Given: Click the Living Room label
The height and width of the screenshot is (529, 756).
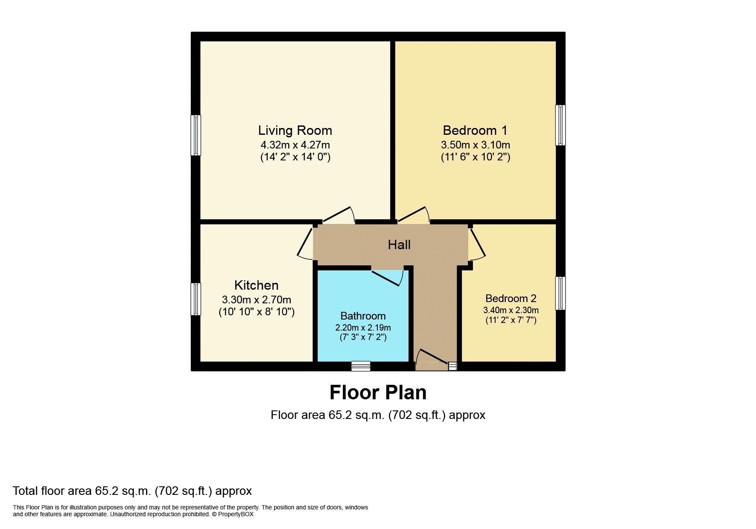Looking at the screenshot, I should (295, 130).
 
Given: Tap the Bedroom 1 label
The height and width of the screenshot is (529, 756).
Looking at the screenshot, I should (475, 130).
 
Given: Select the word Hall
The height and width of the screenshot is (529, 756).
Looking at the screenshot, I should (399, 244).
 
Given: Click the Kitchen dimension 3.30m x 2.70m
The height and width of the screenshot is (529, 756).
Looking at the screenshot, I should (257, 300).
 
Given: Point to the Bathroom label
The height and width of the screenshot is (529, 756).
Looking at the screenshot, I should (363, 316).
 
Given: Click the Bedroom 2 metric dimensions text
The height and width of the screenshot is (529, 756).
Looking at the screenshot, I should (511, 310).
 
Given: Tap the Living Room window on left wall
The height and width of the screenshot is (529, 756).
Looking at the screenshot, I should (196, 135).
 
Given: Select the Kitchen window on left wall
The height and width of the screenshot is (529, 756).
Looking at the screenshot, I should (196, 299).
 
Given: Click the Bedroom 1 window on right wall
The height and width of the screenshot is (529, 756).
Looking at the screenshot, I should (560, 125).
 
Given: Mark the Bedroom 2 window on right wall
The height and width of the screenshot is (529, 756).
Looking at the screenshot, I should (560, 293).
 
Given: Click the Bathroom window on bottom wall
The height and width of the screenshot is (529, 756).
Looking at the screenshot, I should (361, 366).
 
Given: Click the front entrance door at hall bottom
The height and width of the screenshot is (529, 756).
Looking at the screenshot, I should (431, 360).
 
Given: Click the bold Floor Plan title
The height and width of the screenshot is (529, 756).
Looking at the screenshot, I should (378, 392).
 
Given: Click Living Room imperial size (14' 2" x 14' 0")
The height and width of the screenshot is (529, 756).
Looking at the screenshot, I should (295, 157).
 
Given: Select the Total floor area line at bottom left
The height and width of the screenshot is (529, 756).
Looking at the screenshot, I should (132, 491).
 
